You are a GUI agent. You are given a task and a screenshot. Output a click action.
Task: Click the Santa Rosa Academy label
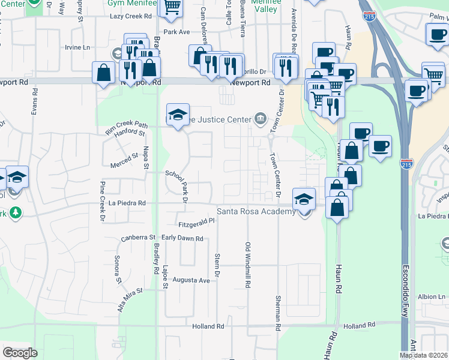coord(256,211)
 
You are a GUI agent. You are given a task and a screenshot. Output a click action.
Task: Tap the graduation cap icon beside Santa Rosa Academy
coord(304,199)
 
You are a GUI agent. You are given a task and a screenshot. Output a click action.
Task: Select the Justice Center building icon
coord(260,118)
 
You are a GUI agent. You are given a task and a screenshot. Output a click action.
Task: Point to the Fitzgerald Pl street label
coord(196,224)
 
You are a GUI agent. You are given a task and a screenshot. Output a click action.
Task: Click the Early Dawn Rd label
coord(182,238)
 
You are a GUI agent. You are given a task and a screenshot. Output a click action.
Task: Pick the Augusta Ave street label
coord(191,280)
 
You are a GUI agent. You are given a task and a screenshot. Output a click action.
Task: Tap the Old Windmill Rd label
coord(247,264)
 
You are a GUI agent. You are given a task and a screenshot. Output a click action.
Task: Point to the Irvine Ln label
coord(77,47)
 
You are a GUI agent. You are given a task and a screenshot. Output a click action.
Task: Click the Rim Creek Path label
coord(125,124)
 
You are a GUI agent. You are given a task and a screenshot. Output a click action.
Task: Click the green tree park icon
coord(14,212)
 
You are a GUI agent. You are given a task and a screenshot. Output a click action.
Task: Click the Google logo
coord(20,353)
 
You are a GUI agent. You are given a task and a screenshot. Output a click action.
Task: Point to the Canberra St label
coord(138,238)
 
